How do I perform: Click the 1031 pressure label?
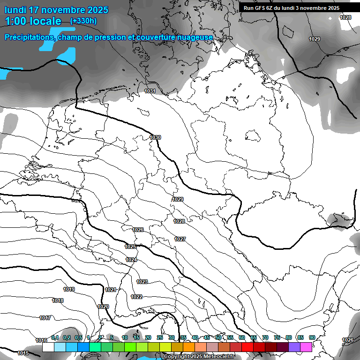[150, 91]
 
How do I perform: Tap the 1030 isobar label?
[155, 137]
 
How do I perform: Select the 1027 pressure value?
[180, 239]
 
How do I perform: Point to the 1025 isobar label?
[130, 247]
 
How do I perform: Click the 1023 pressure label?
[142, 282]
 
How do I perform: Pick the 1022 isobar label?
[136, 297]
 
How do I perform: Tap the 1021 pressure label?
[110, 290]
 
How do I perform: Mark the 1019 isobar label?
[69, 289]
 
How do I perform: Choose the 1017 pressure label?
[45, 318]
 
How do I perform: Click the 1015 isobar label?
[22, 353]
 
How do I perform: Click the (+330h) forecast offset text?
[83, 21]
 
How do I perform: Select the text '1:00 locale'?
[33, 21]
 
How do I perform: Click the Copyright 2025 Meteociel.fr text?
[199, 357]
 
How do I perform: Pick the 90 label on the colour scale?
[312, 337]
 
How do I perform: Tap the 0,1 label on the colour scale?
[55, 337]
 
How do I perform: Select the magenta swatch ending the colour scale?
[306, 347]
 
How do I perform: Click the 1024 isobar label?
[131, 260]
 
